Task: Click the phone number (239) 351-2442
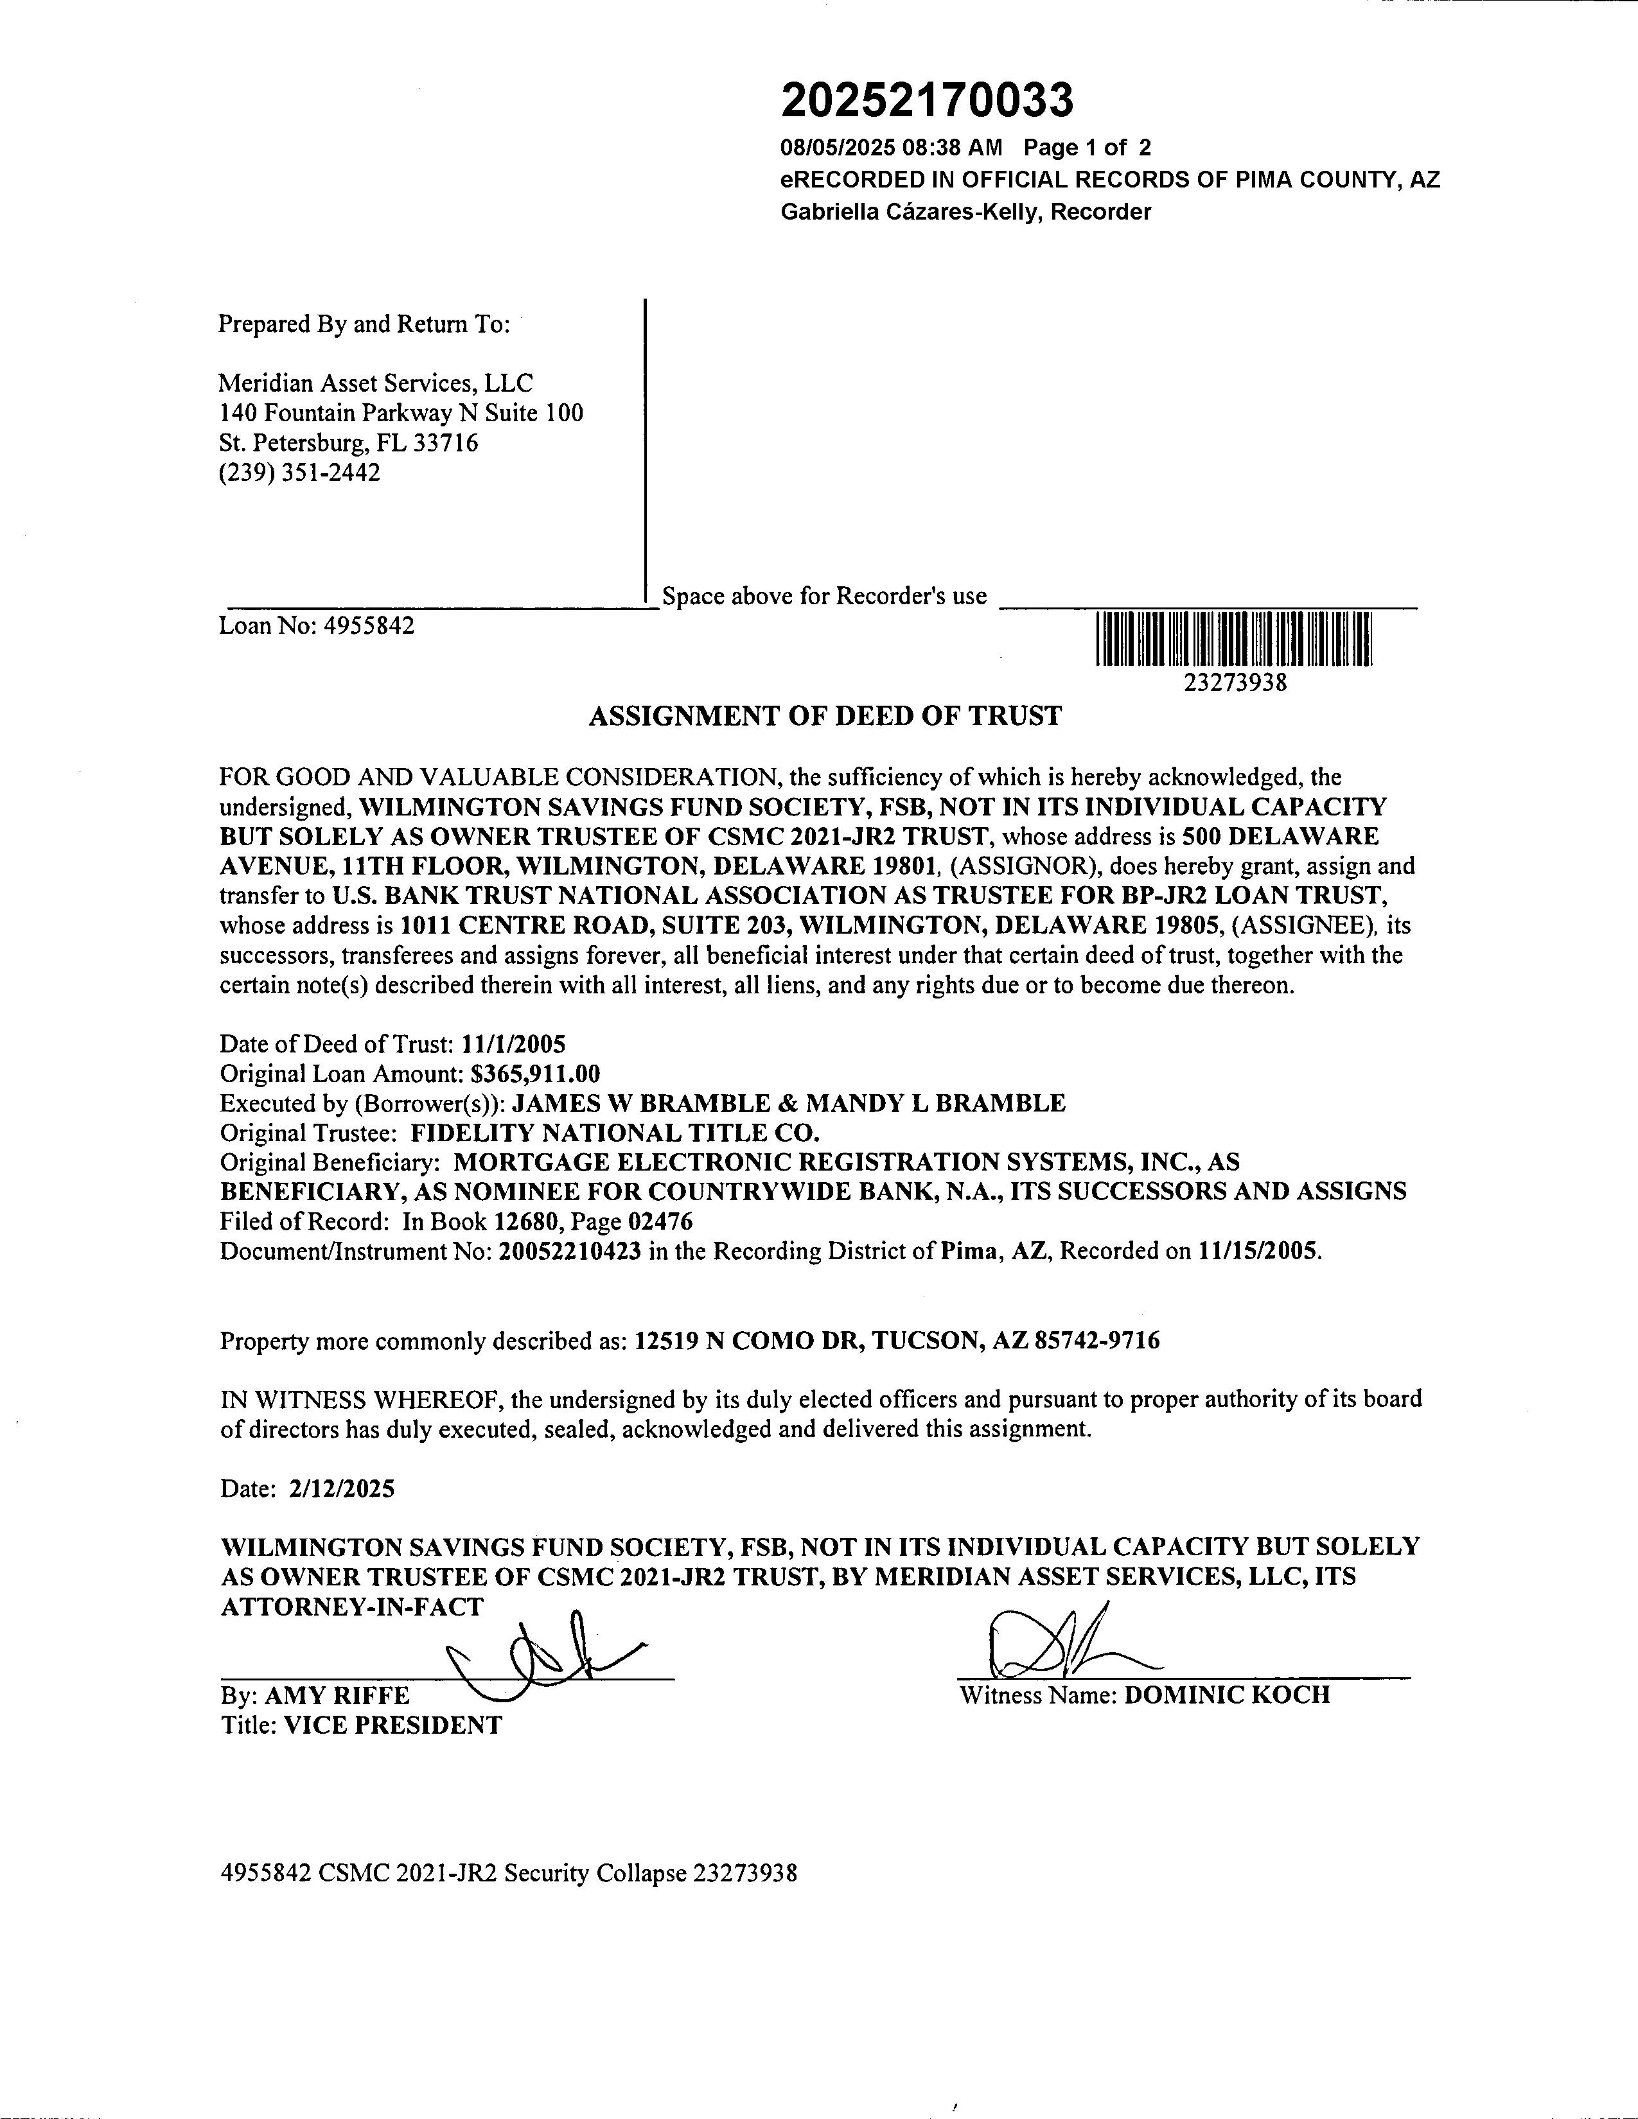[299, 473]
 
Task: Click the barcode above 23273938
[1233, 640]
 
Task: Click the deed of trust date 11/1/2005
[515, 1044]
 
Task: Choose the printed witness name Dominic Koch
[1226, 1696]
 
